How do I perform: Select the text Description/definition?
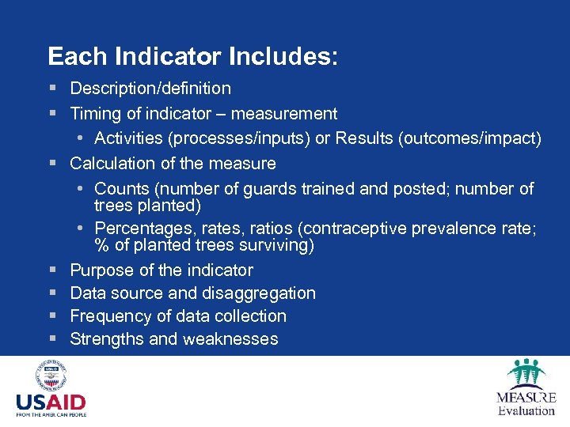pos(150,89)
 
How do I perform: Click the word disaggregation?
pos(258,293)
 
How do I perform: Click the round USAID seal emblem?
pos(50,376)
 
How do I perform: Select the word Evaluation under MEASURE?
pos(526,410)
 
